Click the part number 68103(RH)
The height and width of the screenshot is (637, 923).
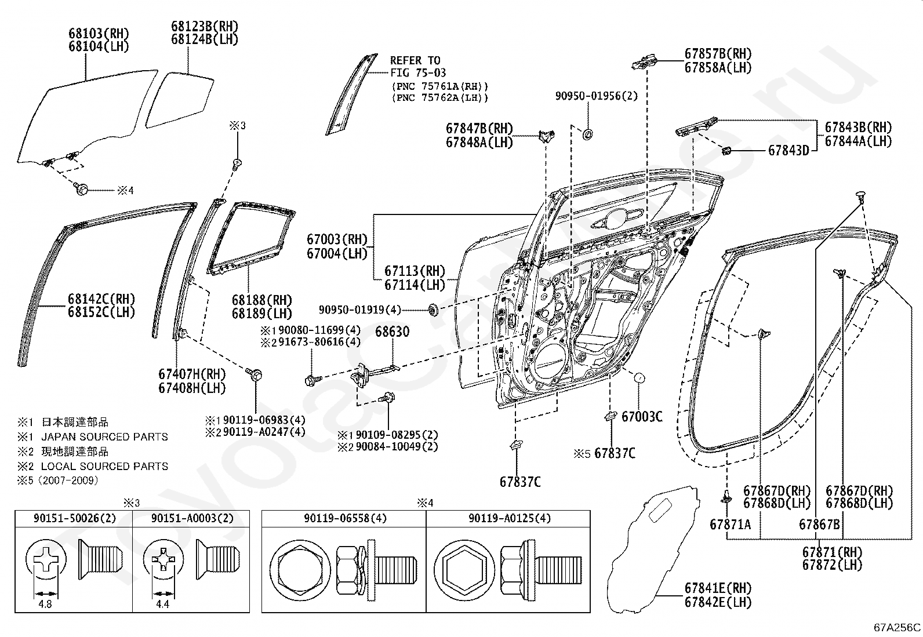99,33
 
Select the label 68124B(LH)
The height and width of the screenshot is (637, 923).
205,39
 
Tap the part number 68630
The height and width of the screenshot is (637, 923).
393,332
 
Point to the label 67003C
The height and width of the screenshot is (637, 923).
642,417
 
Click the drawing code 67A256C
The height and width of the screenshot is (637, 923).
897,628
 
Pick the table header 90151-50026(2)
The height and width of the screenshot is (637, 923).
75,518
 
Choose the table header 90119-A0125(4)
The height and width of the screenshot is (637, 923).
510,518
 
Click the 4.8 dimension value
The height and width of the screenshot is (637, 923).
45,605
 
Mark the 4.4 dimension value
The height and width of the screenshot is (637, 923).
162,605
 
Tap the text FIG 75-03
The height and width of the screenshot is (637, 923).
418,73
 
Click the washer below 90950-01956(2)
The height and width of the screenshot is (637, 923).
587,134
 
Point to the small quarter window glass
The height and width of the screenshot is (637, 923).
180,100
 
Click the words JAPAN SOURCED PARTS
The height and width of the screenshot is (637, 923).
105,437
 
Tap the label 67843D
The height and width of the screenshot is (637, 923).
788,151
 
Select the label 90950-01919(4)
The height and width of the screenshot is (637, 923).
359,310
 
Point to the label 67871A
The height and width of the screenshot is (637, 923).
730,525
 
